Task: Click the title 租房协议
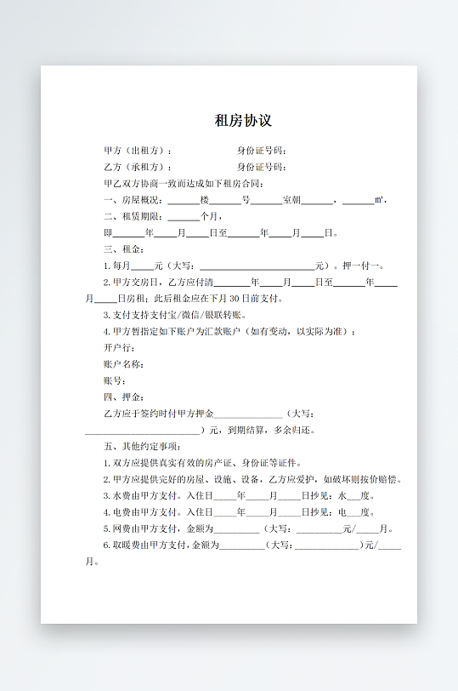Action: coord(243,121)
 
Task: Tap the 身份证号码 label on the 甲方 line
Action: coord(261,151)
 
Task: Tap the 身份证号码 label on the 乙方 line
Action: coord(261,167)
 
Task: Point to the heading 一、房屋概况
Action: coord(132,200)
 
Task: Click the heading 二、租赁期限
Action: coord(132,216)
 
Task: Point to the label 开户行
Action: coord(117,348)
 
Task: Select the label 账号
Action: coord(113,380)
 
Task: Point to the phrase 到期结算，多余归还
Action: coord(276,430)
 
